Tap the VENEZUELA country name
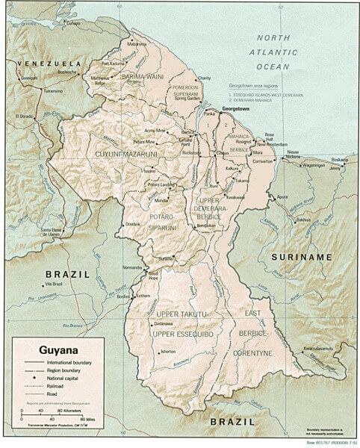41,63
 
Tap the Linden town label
223,153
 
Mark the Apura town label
282,196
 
